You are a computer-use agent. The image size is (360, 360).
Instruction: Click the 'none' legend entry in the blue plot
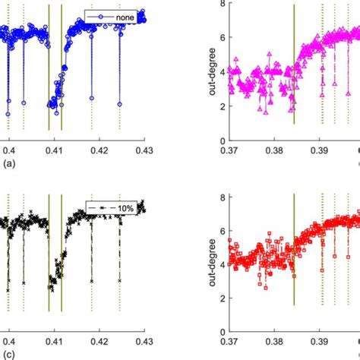point(122,17)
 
